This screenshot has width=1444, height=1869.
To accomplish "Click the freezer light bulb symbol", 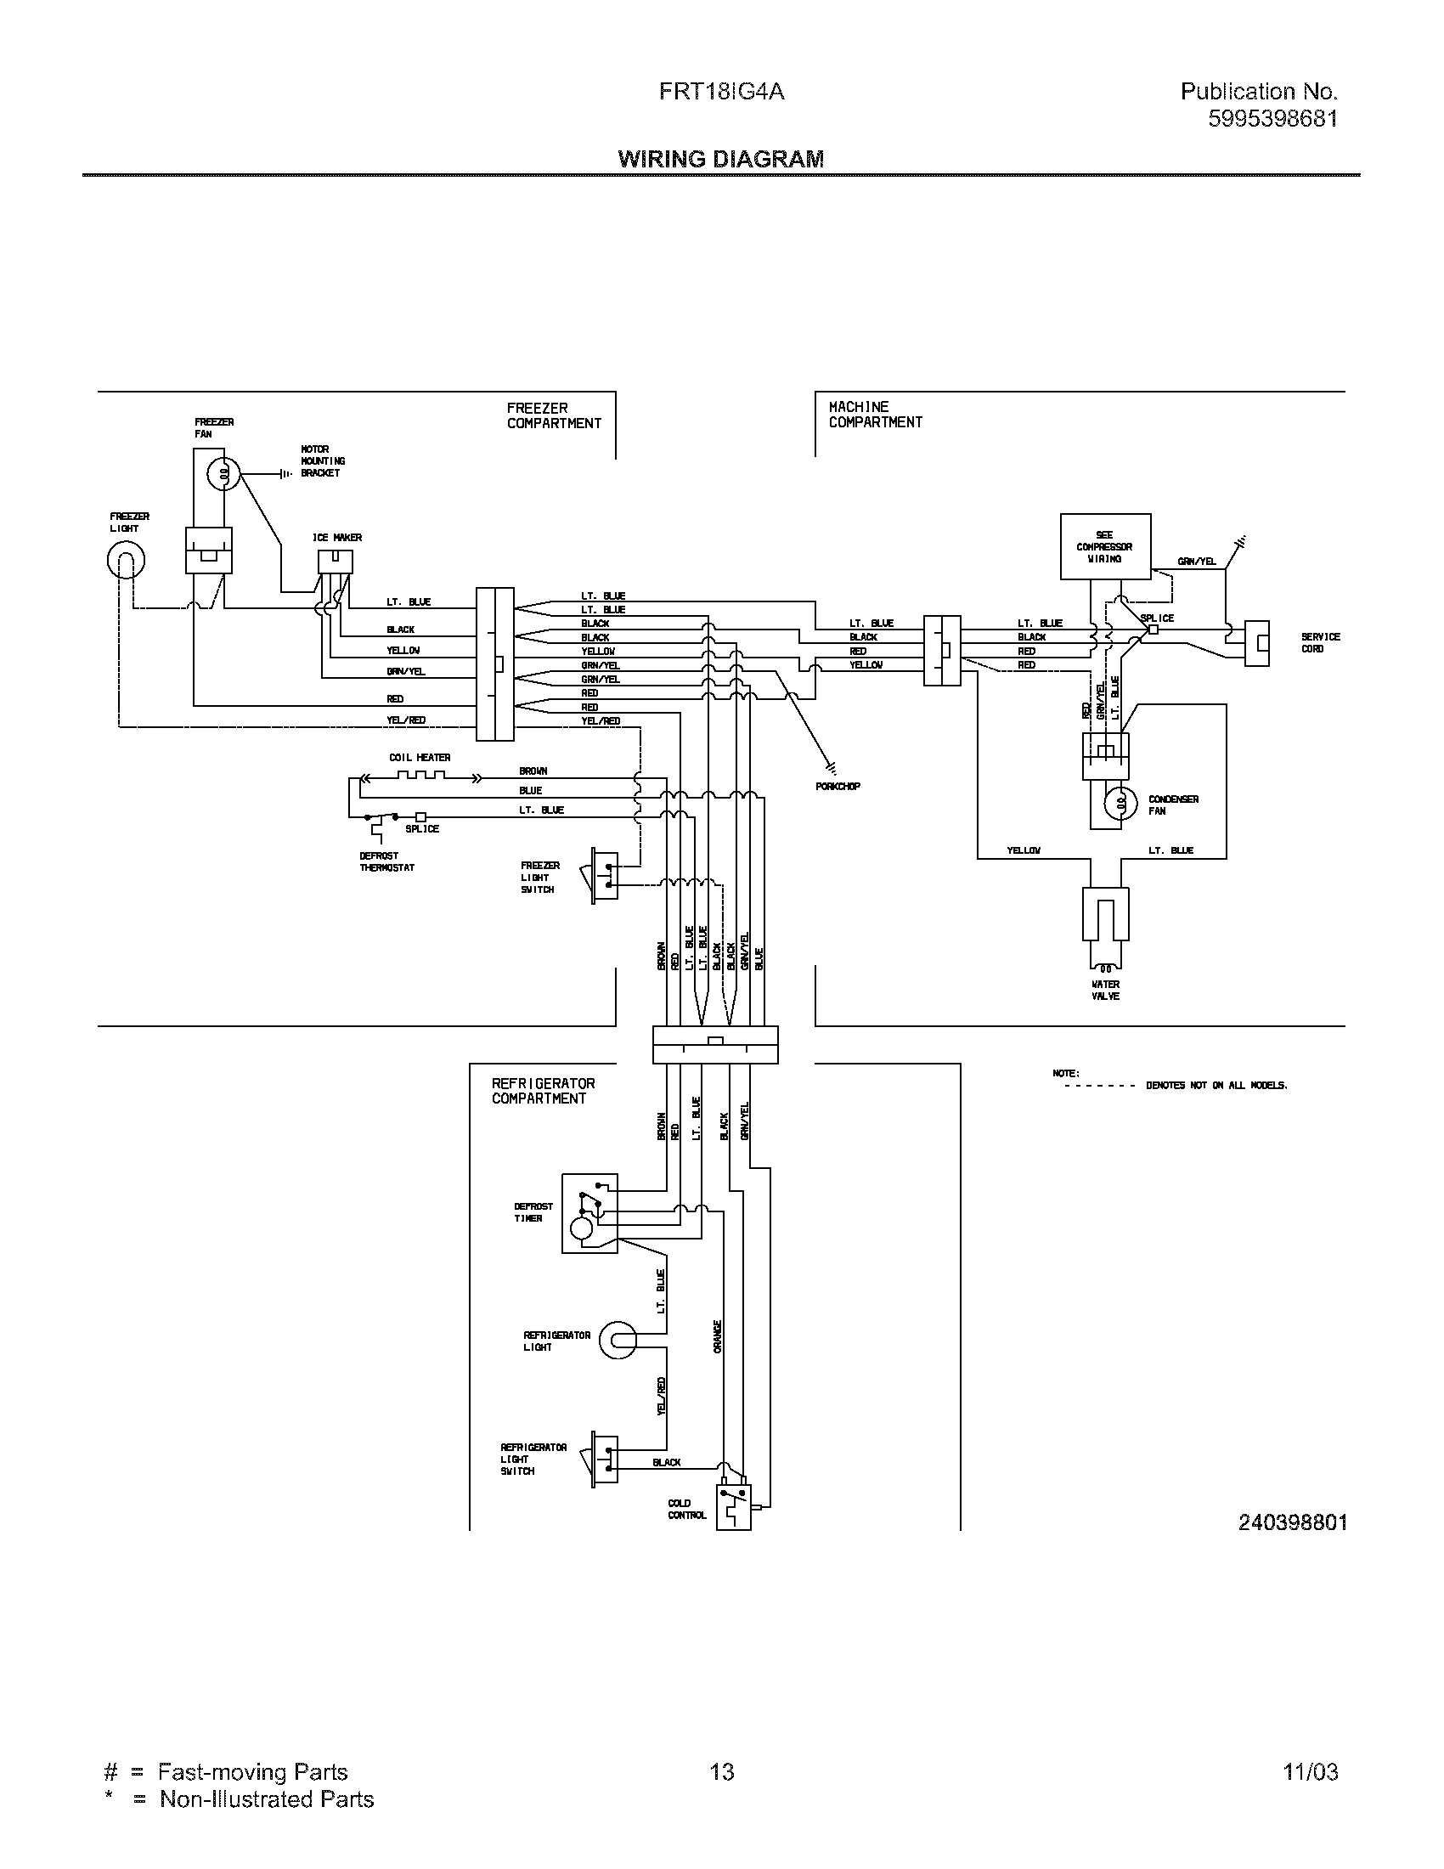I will coord(126,562).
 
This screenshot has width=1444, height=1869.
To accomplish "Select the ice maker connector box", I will coord(336,562).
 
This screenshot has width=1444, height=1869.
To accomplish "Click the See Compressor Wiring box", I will coord(1104,547).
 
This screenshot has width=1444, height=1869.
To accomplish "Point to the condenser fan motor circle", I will coord(1120,804).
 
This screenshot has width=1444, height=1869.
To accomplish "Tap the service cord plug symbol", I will coord(1255,644).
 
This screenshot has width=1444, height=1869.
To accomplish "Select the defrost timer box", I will coord(589,1213).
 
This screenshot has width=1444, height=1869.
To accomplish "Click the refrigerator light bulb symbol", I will coord(617,1340).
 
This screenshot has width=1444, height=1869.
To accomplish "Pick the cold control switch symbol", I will coord(733,1508).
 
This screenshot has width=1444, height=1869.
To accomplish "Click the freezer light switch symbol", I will coord(604,874).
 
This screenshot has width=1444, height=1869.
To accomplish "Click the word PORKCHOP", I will coord(838,786).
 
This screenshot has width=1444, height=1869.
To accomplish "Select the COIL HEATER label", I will coord(419,757).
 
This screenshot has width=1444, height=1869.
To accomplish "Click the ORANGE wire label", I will coord(717,1336).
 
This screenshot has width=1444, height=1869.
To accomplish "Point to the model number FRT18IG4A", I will coord(721,92).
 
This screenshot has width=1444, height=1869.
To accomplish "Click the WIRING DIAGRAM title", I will coord(721,159).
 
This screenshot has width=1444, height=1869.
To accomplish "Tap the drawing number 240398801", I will coord(1293,1522).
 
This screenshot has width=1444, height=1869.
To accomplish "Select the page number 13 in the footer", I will coord(721,1771).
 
